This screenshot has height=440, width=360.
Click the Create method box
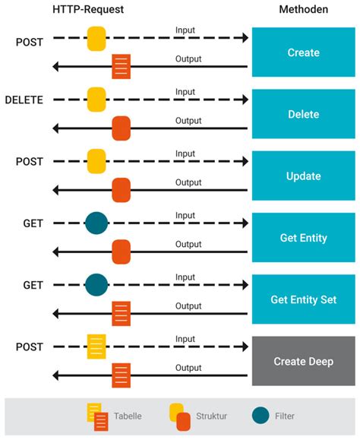click(x=303, y=53)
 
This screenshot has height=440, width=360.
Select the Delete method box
click(x=303, y=115)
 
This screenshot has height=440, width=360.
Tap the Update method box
click(x=303, y=176)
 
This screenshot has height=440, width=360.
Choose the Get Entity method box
click(x=303, y=238)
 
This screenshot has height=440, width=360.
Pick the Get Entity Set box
click(x=303, y=299)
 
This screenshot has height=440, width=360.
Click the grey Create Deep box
click(x=303, y=361)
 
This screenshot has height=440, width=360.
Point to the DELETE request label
click(x=24, y=100)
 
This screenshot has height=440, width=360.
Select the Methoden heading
click(x=302, y=9)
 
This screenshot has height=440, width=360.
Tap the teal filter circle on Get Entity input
click(x=96, y=223)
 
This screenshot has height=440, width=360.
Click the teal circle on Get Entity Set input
click(x=96, y=285)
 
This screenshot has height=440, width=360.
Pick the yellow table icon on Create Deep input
click(x=96, y=347)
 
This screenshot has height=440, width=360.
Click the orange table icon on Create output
click(x=121, y=67)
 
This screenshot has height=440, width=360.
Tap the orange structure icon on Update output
click(x=121, y=190)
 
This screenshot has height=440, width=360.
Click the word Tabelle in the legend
click(x=128, y=416)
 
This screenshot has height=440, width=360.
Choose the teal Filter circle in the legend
click(x=261, y=416)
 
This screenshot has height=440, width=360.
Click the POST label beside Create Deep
click(x=30, y=347)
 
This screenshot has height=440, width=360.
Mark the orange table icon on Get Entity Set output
click(x=121, y=313)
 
